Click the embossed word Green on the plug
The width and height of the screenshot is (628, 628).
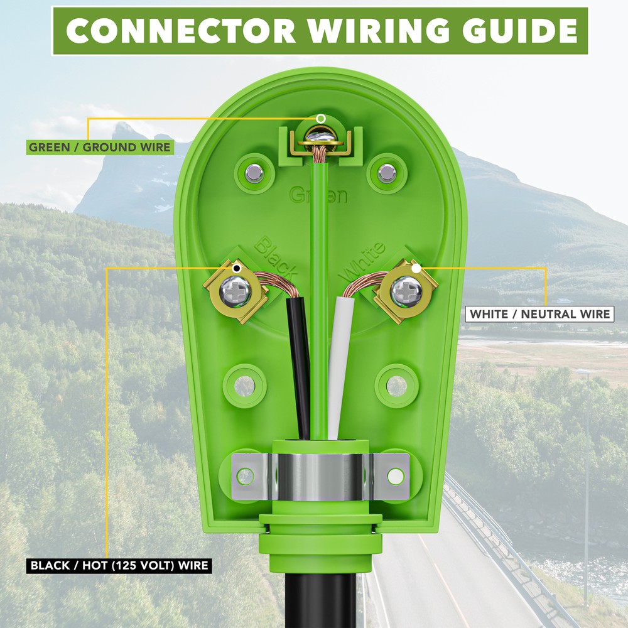click(x=318, y=195)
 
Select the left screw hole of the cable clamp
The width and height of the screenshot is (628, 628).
click(x=245, y=477)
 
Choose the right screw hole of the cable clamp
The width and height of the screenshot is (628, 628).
click(x=396, y=477)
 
